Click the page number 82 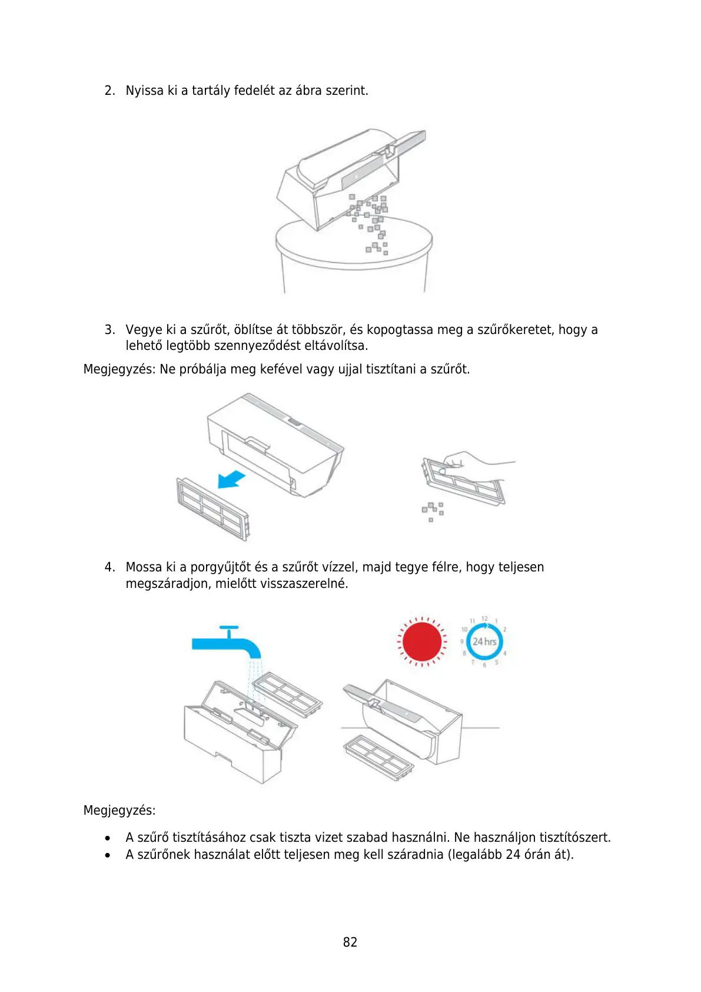click(350, 942)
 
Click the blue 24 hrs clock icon click(484, 642)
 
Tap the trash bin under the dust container click(353, 259)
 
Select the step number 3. click(109, 330)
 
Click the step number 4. click(109, 567)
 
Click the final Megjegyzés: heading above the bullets click(119, 811)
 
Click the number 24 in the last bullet click(513, 855)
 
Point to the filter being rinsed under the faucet click(288, 695)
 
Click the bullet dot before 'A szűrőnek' click(108, 855)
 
